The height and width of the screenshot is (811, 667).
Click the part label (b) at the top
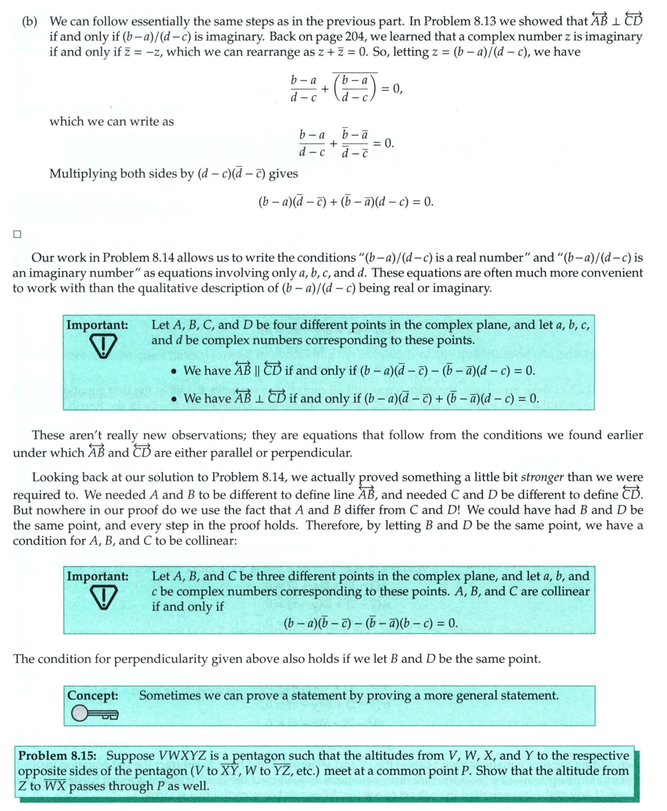point(28,21)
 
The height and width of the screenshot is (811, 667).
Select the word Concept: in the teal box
point(92,695)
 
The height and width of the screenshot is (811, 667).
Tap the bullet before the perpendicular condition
point(174,400)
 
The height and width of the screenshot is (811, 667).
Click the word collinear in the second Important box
point(561,591)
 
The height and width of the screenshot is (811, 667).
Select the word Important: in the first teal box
point(97,325)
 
